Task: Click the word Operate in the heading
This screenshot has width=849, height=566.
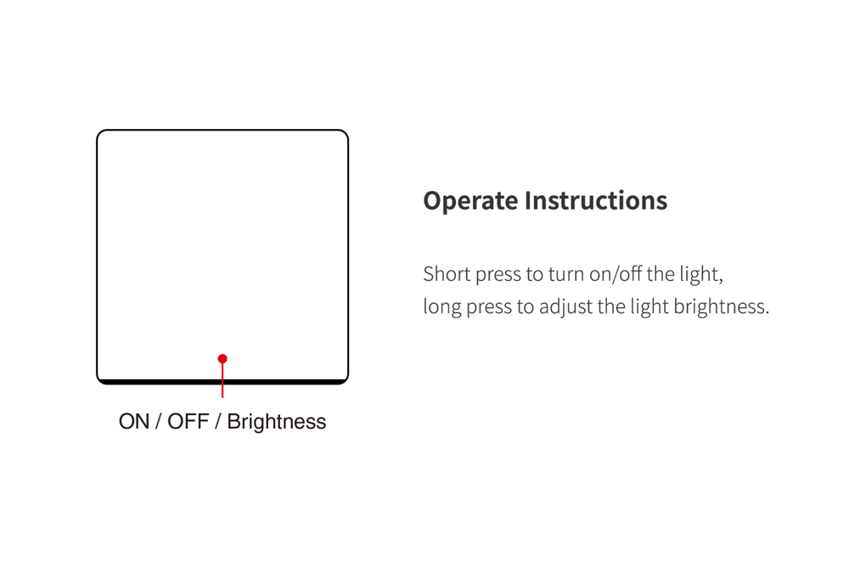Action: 470,202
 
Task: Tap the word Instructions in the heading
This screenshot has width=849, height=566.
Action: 596,200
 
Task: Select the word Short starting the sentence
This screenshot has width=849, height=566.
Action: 447,274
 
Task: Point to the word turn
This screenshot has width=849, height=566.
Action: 566,274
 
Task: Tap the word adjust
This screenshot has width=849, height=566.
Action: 565,307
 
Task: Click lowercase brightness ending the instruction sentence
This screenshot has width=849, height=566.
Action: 721,307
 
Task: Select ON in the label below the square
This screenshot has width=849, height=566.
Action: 134,422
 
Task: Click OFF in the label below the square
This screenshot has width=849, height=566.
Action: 188,422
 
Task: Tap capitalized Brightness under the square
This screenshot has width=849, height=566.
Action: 277,422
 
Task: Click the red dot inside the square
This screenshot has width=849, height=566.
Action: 222,359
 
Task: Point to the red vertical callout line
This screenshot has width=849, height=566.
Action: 222,378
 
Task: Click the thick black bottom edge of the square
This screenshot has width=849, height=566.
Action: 222,382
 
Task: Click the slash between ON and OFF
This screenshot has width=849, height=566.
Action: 158,422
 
